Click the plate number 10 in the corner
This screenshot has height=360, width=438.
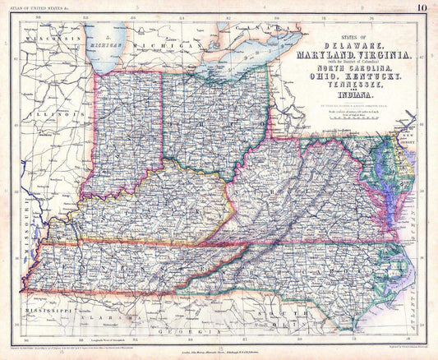click(421, 9)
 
